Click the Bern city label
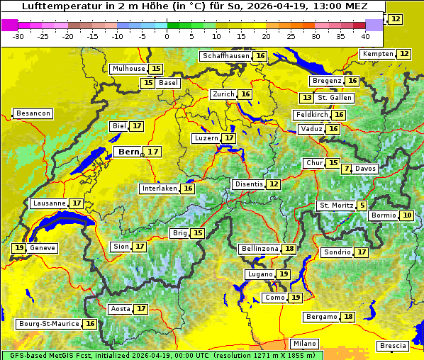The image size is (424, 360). pos(129,152)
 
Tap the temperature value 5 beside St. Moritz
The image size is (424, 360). pos(362,206)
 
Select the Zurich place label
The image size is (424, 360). pos(223,94)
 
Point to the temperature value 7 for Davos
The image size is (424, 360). pos(347,169)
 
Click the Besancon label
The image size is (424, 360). pos(33,113)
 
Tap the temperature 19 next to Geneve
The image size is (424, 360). pos(18,248)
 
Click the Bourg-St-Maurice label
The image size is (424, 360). pos(48,324)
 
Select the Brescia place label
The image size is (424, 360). pos(394,346)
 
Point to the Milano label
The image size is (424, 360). pos(306,343)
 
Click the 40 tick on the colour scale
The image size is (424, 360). pos(365,36)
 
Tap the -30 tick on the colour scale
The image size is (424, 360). pos(18,36)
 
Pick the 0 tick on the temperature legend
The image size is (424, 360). pos(167,36)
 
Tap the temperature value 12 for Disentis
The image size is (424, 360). pos(274,184)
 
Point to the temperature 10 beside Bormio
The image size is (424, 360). pos(407,215)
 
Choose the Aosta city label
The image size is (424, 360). pos(121,309)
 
